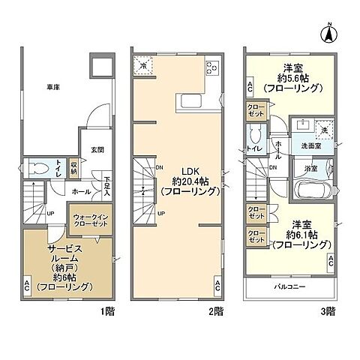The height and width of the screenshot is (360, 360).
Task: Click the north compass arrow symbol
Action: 328,32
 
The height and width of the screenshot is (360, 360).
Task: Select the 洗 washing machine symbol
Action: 325,128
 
